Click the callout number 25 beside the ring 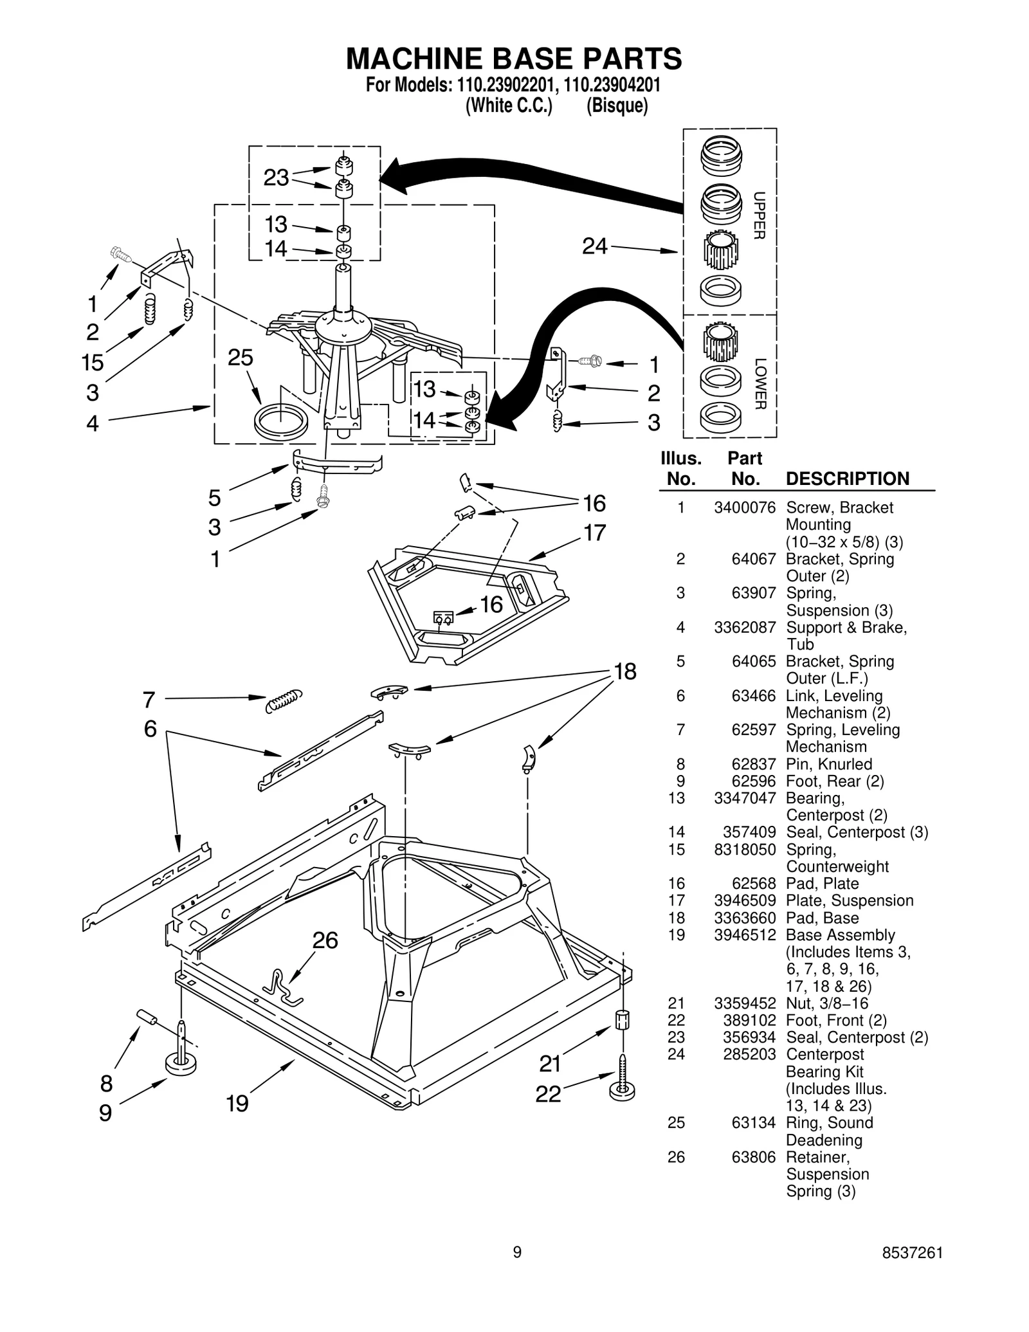pos(241,358)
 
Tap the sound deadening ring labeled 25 pos(280,421)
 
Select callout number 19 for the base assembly pos(237,1104)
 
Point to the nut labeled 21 pos(622,1020)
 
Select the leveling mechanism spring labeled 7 pos(284,700)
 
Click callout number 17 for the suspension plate pos(594,533)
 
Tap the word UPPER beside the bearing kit pos(760,215)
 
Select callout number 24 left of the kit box pos(594,246)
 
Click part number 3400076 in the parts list pos(745,507)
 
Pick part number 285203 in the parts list pos(745,1054)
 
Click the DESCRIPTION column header pos(847,479)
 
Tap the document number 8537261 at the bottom pos(912,1252)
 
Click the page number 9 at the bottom pos(517,1252)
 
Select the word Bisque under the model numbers pos(617,106)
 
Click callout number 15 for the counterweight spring pos(93,363)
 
